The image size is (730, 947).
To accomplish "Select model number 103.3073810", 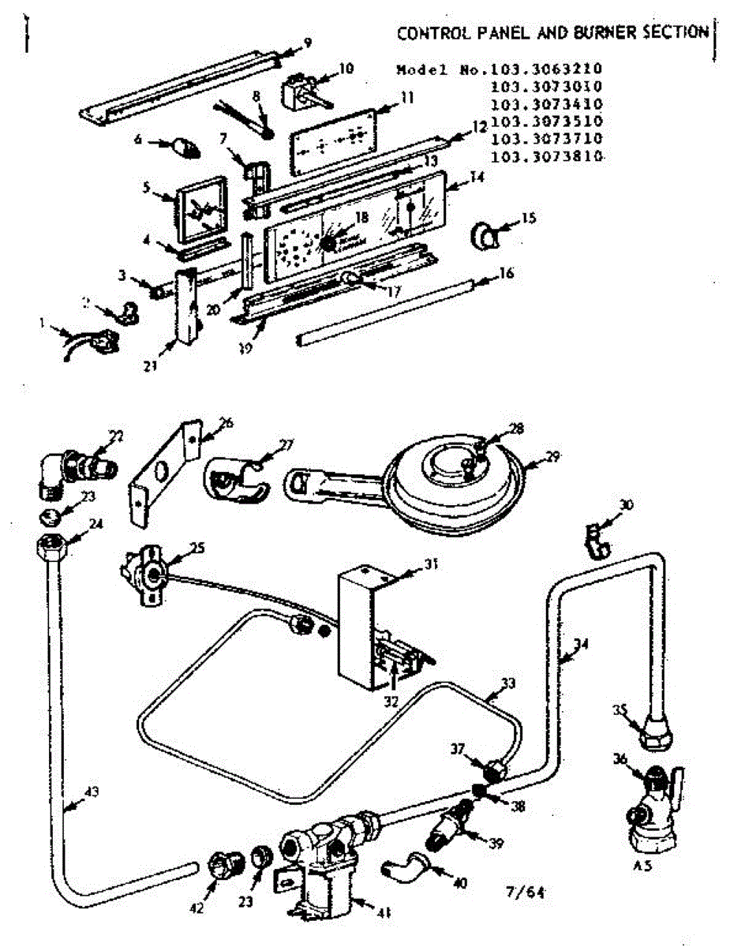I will coord(547,157).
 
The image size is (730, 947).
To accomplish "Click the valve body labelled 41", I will coord(324,860).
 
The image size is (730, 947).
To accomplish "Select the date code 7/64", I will coord(525,893).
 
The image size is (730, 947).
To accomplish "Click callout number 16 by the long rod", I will coord(507,274).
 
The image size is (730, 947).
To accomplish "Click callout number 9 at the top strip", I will coord(307,42).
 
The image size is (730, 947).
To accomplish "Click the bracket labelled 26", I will coord(162,473).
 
